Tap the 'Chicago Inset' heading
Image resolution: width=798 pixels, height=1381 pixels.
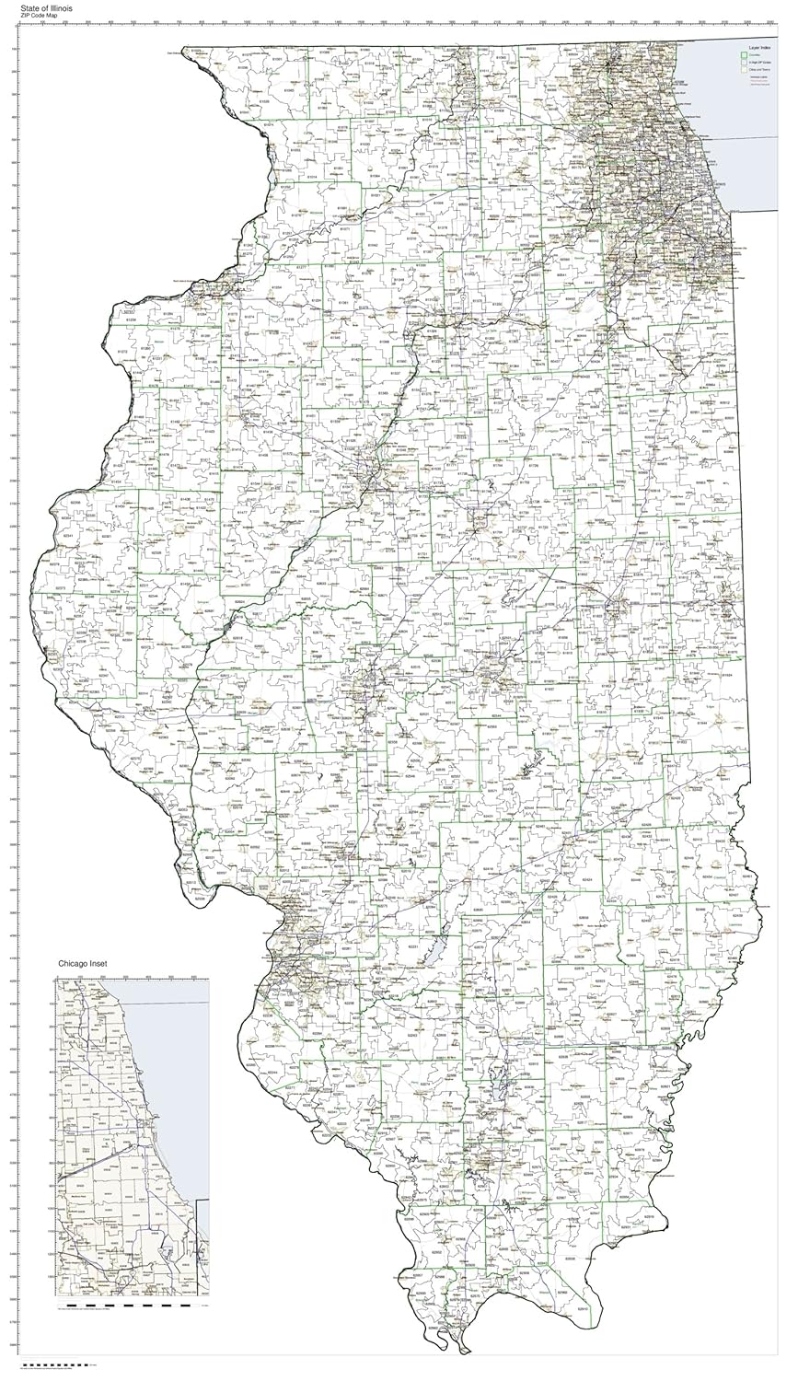pos(83,963)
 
